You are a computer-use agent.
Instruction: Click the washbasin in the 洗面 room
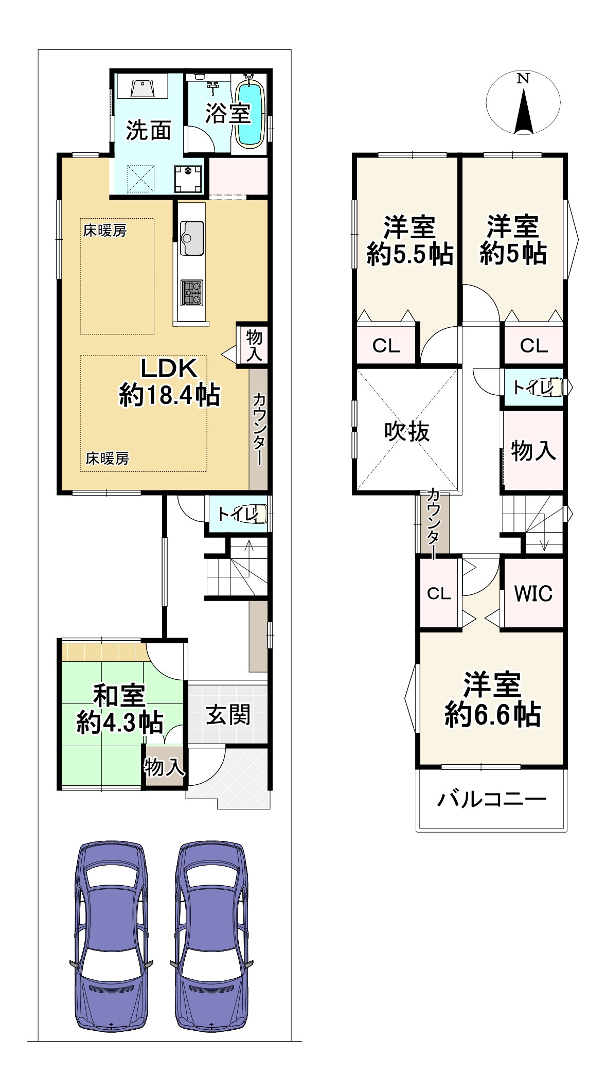(x=143, y=89)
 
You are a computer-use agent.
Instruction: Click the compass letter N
(x=523, y=79)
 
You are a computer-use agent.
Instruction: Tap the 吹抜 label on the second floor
(x=407, y=431)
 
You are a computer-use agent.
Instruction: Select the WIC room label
(x=533, y=593)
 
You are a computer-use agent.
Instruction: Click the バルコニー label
(x=491, y=799)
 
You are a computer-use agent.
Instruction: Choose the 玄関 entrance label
(x=228, y=715)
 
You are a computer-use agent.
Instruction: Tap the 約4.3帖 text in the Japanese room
(x=120, y=723)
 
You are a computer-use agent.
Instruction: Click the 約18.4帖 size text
(x=170, y=395)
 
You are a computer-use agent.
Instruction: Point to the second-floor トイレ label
(x=530, y=387)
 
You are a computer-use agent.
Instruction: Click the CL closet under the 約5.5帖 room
(x=386, y=346)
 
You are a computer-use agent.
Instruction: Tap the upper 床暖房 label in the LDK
(x=105, y=231)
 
